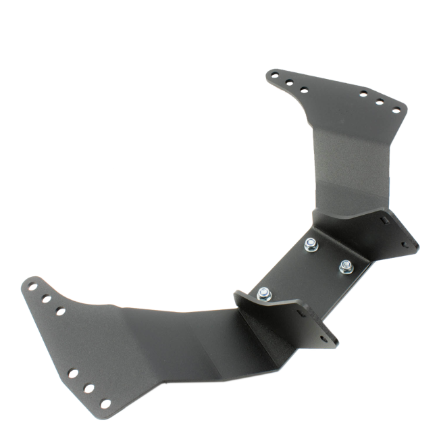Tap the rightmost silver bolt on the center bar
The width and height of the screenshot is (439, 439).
click(x=345, y=264)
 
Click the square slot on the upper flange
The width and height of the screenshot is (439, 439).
click(x=384, y=220)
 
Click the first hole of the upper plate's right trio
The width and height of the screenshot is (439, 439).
click(x=363, y=95)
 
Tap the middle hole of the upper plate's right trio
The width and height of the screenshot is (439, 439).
click(x=380, y=102)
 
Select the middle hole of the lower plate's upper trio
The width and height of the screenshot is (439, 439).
click(x=45, y=297)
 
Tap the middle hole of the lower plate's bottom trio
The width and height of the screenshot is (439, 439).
click(x=88, y=390)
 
